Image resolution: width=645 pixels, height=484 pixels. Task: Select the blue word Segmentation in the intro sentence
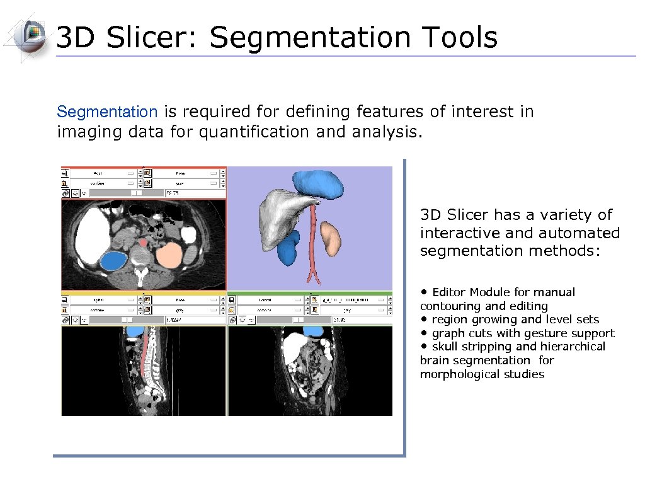coord(107,112)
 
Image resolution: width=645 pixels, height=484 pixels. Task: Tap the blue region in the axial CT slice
coord(114,260)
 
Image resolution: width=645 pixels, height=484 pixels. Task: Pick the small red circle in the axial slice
coord(144,242)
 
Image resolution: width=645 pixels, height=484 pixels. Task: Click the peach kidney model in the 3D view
coord(330,236)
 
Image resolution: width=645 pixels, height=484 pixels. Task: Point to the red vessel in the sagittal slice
coord(146,353)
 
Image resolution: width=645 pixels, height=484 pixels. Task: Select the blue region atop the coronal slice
coord(312,330)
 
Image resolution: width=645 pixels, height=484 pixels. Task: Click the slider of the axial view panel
coord(134,192)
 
